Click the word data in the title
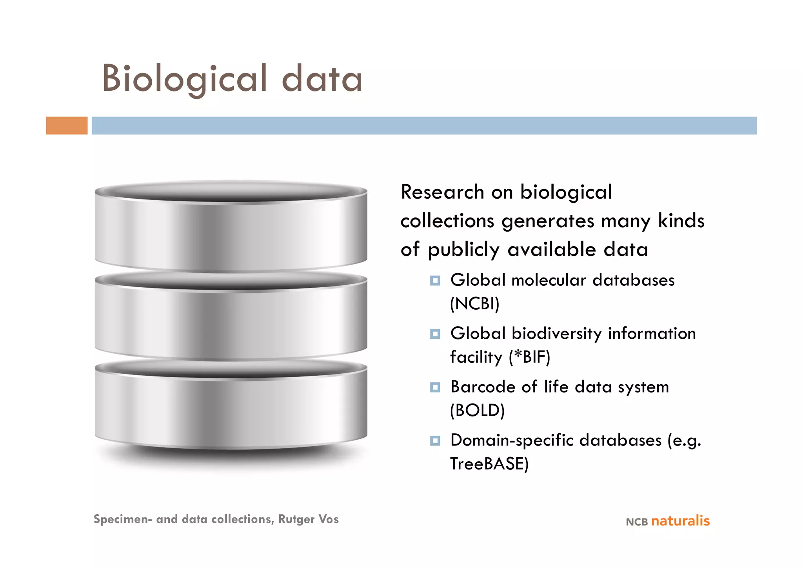[322, 79]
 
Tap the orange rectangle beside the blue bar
[67, 126]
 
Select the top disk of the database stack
[231, 228]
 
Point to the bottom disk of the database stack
[231, 406]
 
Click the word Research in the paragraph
[442, 192]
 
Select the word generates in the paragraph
[548, 221]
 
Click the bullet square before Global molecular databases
[435, 281]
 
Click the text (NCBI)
[474, 304]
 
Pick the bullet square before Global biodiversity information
[435, 334]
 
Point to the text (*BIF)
[529, 357]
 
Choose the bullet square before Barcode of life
[435, 387]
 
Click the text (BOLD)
[477, 411]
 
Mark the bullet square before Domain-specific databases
[435, 441]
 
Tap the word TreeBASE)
[489, 464]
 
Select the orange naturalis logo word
[680, 521]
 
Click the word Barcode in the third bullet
[483, 387]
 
